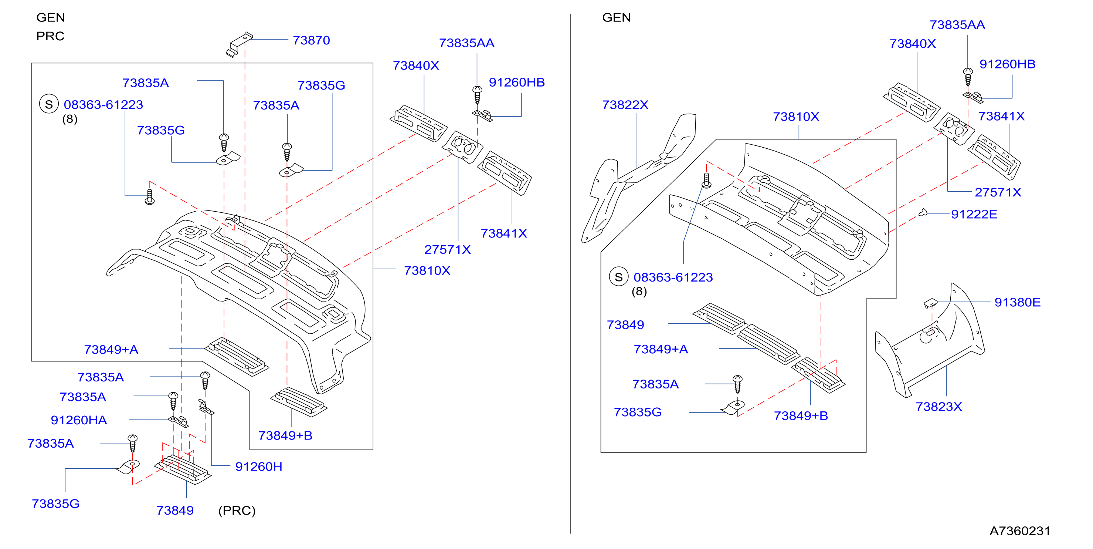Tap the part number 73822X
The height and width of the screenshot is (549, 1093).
tap(625, 105)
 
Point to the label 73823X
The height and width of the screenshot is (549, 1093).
tap(938, 407)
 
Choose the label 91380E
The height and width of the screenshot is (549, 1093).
tap(1017, 302)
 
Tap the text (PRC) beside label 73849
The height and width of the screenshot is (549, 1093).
tap(237, 511)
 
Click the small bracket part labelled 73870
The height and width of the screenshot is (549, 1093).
tap(239, 44)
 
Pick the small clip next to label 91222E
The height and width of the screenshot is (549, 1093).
tap(923, 213)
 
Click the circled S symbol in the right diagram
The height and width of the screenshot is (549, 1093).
tap(619, 277)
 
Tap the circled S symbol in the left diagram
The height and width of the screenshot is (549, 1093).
tap(49, 104)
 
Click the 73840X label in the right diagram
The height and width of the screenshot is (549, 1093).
tap(912, 44)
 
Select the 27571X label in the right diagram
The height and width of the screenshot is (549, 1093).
tap(998, 192)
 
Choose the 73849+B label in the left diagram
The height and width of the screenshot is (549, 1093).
tap(285, 436)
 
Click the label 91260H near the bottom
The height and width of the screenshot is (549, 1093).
tap(258, 467)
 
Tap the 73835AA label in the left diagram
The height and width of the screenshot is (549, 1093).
tap(466, 43)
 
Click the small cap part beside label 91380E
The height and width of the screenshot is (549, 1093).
tap(930, 303)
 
